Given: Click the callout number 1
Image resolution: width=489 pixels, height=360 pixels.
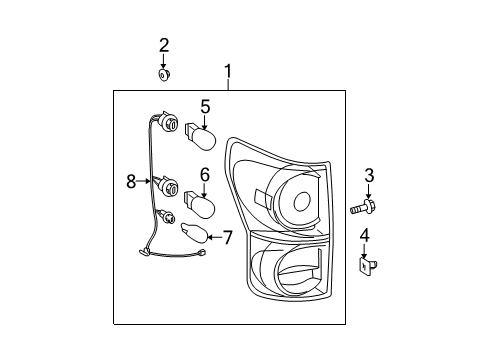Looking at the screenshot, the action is [228, 71].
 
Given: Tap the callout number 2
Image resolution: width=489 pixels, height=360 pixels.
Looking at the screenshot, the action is [164, 45].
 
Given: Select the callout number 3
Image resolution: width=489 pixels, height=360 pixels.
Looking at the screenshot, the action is [369, 176].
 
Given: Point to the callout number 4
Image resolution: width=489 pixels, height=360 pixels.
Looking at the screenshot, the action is [365, 236].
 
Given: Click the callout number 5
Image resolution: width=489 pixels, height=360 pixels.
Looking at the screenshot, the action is [205, 107].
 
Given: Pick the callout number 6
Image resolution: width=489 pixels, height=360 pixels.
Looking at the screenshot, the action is [205, 175].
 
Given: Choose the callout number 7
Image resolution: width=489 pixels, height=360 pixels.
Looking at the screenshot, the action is [227, 237].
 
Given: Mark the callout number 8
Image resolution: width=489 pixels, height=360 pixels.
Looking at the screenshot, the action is [131, 182].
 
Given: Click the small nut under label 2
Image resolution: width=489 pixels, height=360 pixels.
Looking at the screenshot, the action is [163, 75].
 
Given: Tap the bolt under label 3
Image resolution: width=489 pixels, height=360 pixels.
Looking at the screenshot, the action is [363, 207].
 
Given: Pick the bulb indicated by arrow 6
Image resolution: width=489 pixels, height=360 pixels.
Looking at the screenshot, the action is [199, 204].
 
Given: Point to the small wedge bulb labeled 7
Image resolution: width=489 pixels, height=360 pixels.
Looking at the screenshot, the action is [194, 233].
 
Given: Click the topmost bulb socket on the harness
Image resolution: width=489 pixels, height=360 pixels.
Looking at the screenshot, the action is [168, 121].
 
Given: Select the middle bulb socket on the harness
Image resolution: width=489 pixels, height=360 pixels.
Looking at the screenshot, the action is [168, 186].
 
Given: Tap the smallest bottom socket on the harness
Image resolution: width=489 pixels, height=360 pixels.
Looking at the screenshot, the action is [167, 217].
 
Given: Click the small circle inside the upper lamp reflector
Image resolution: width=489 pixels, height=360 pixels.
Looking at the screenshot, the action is [302, 201].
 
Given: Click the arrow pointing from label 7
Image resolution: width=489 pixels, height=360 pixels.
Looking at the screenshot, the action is [215, 237].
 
